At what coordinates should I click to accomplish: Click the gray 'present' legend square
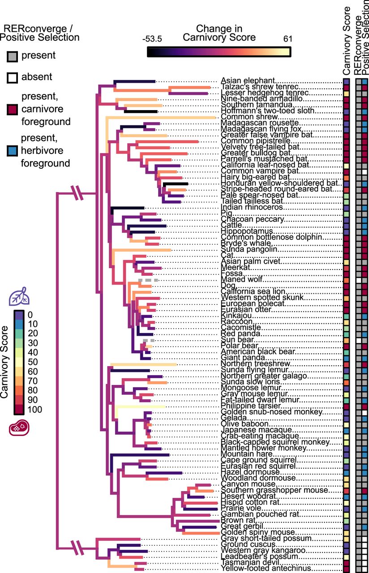click(12, 56)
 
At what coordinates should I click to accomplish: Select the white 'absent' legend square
click(12, 77)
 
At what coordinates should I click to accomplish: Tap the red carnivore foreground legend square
click(12, 109)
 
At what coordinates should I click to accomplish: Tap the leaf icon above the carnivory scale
click(20, 297)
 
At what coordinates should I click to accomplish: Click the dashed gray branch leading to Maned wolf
click(148, 280)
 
